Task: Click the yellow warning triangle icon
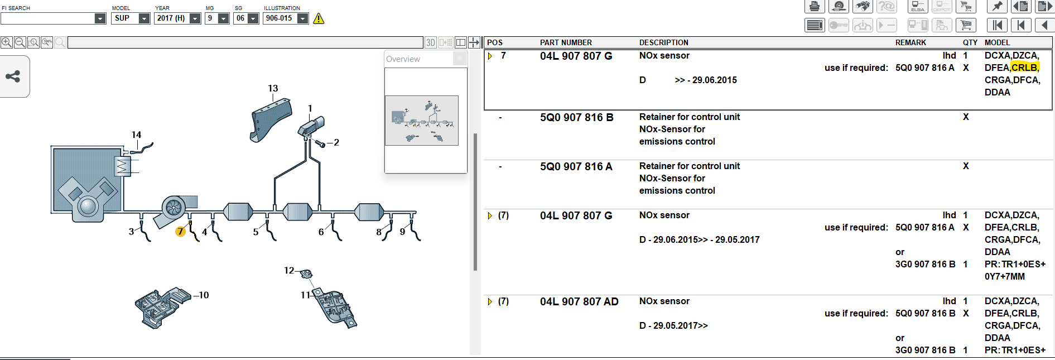point(319,18)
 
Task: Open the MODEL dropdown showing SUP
point(131,18)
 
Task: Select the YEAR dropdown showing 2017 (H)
point(177,18)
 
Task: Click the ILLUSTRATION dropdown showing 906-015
point(286,18)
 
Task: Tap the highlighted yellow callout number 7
point(180,231)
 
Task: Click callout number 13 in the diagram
point(273,88)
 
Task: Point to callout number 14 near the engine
point(136,135)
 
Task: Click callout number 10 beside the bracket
point(204,295)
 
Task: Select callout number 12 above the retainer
point(289,270)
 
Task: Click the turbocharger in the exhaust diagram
point(175,209)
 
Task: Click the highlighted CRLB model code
point(1025,68)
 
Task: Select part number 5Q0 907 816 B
point(576,117)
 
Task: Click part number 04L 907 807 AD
point(579,301)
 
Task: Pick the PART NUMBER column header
point(566,42)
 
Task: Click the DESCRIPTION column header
point(663,42)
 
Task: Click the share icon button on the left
point(13,76)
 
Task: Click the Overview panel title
point(403,59)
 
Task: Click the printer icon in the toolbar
point(815,7)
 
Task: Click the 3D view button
point(430,42)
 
